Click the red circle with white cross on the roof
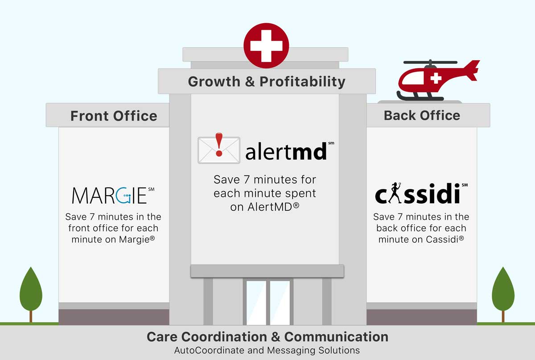click(266, 45)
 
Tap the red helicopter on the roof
click(437, 80)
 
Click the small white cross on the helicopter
click(436, 78)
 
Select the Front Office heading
click(114, 116)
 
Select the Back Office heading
click(422, 115)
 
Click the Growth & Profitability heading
click(267, 82)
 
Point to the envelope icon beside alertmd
click(219, 150)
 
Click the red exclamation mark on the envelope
click(219, 145)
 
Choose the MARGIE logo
click(113, 195)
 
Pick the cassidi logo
click(421, 193)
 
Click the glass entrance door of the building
click(268, 303)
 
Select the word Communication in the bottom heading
click(336, 337)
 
